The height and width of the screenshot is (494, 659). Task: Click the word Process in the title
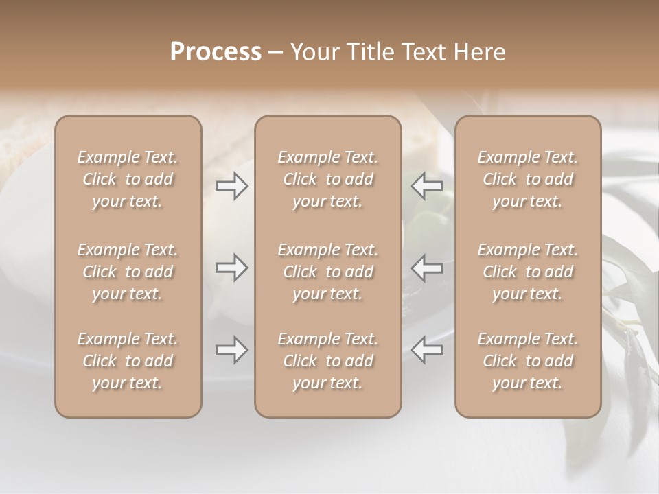pyautogui.click(x=216, y=52)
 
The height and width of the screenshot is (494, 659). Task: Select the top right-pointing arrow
pyautogui.click(x=231, y=186)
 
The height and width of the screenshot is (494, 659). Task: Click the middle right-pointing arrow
pyautogui.click(x=231, y=268)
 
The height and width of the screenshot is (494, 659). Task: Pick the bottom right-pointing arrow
pyautogui.click(x=231, y=350)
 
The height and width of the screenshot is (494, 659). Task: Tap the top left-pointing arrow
pyautogui.click(x=427, y=186)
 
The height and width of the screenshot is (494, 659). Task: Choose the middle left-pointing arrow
pyautogui.click(x=427, y=268)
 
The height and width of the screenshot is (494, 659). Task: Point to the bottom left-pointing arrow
pyautogui.click(x=427, y=350)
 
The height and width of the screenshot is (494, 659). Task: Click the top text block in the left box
pyautogui.click(x=128, y=179)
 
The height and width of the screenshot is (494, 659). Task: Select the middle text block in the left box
pyautogui.click(x=128, y=272)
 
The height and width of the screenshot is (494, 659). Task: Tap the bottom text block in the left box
pyautogui.click(x=128, y=361)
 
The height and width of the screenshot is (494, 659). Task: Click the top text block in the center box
pyautogui.click(x=327, y=179)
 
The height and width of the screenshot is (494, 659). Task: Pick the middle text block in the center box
pyautogui.click(x=327, y=272)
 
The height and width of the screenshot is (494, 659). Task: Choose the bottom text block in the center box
pyautogui.click(x=327, y=361)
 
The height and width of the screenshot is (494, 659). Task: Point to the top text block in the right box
pyautogui.click(x=527, y=179)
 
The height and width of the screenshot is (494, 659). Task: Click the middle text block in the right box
pyautogui.click(x=527, y=272)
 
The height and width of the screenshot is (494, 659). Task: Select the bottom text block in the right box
pyautogui.click(x=527, y=361)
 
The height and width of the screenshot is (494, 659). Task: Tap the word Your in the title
pyautogui.click(x=314, y=52)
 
